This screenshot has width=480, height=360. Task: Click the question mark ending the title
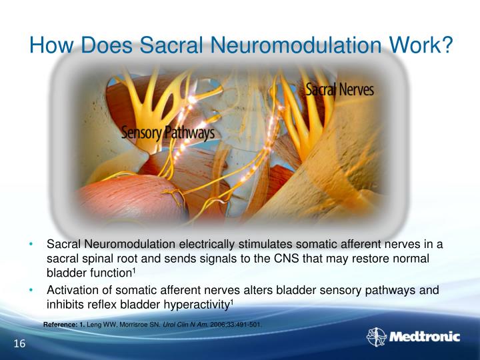point(447,45)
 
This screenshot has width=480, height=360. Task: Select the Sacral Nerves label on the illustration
point(339,89)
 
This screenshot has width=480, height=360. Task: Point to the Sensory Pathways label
point(167,132)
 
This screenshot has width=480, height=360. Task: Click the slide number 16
point(19,343)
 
